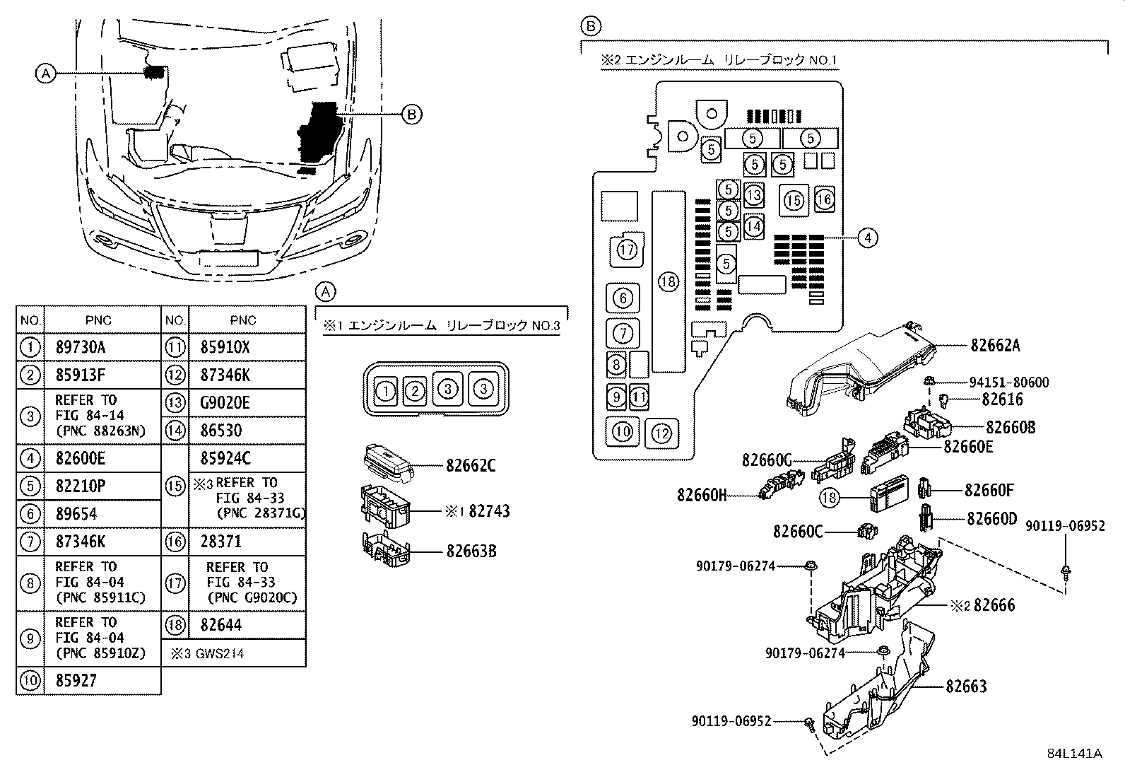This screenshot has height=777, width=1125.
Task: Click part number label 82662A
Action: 995,345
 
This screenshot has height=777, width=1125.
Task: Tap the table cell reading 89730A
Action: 80,347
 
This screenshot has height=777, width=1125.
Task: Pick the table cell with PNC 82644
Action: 220,625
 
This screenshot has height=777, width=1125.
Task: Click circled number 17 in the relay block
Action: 627,249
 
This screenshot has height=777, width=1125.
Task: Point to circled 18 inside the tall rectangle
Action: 668,282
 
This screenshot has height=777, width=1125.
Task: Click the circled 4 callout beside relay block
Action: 868,238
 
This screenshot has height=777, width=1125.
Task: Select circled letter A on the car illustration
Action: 45,73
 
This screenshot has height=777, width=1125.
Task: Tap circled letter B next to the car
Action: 412,113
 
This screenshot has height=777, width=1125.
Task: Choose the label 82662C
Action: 471,465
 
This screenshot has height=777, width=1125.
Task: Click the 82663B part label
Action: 471,551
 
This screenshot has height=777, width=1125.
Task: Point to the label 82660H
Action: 701,495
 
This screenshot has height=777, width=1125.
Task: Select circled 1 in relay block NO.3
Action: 385,390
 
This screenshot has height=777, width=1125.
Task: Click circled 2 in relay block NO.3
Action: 416,390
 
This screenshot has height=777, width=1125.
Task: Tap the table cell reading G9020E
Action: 225,402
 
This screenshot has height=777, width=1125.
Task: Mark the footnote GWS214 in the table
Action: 207,653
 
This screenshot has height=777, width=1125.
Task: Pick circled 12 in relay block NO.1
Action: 661,433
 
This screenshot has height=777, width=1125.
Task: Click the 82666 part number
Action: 994,605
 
